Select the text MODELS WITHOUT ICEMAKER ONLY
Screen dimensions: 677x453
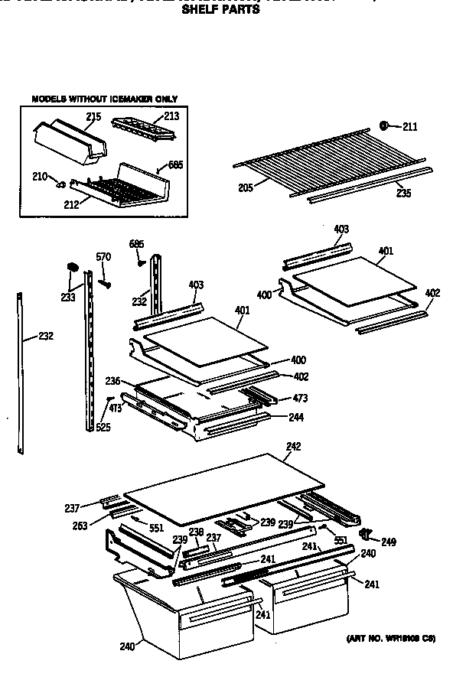point(104,99)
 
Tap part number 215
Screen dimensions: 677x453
point(93,116)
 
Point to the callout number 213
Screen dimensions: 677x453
point(171,116)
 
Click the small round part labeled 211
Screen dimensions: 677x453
point(384,126)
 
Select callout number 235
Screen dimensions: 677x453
point(403,194)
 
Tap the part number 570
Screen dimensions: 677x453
point(103,257)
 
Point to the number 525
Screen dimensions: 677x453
point(103,427)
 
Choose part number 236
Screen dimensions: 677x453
point(113,381)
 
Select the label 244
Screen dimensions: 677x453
point(295,417)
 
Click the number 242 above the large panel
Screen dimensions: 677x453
point(293,446)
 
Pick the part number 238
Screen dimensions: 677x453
point(197,532)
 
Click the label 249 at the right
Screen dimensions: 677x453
point(389,542)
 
